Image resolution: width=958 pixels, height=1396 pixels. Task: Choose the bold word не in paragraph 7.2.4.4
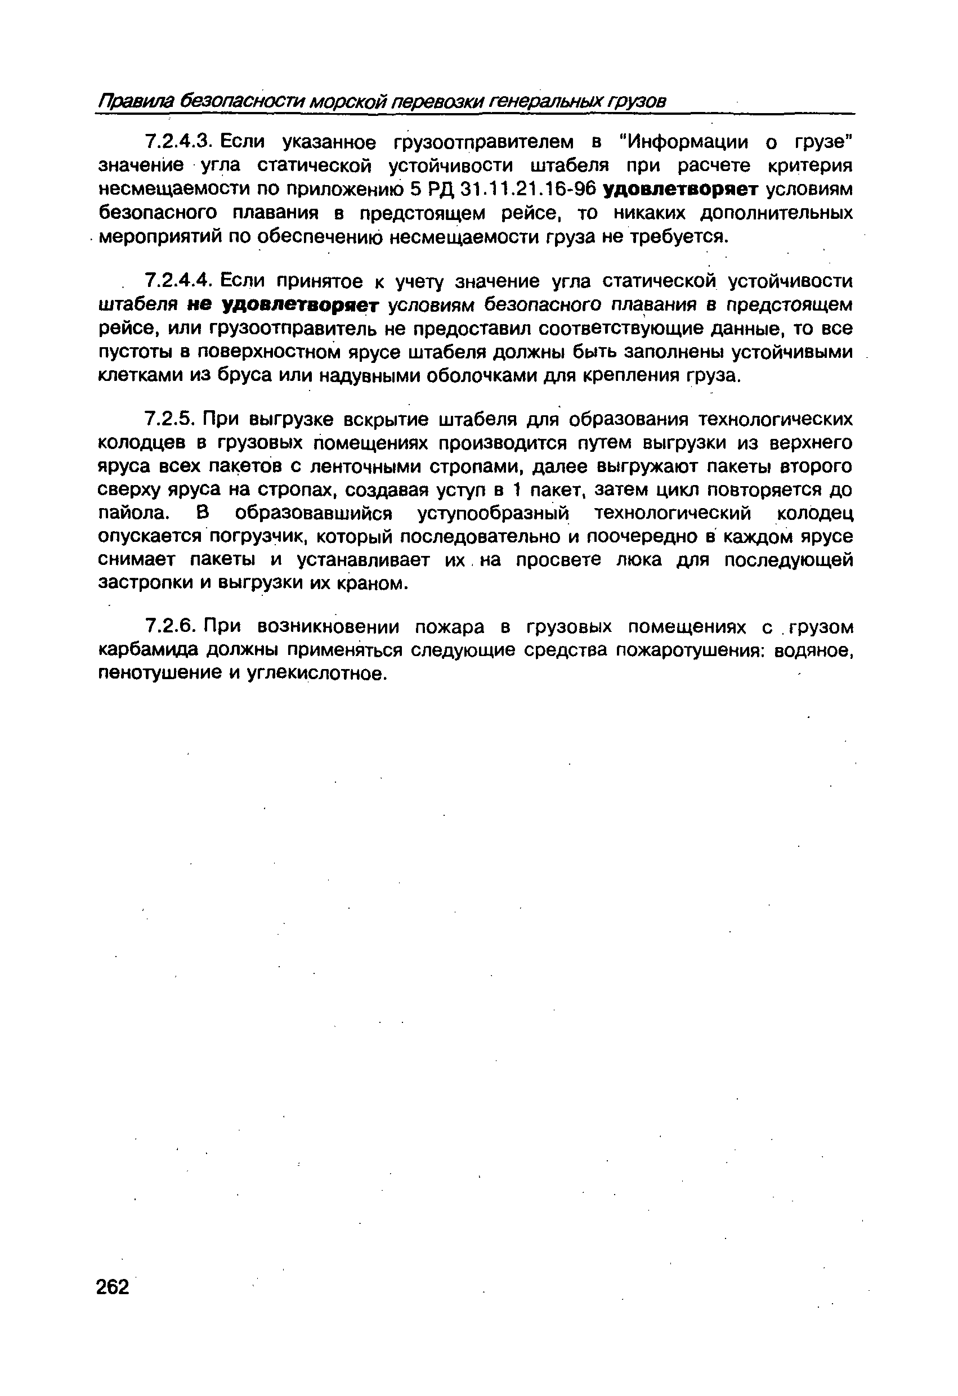point(199,304)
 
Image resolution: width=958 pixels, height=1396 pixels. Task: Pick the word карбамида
point(149,650)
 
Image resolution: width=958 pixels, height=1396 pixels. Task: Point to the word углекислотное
point(313,674)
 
